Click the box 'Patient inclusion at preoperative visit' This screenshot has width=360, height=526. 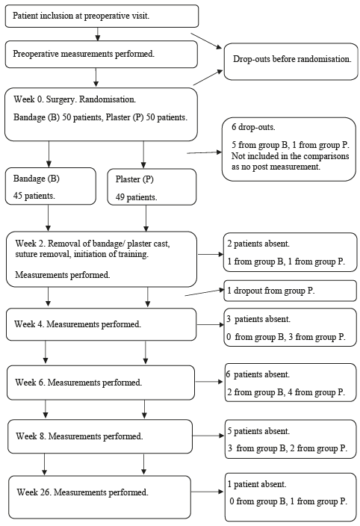[x=102, y=16]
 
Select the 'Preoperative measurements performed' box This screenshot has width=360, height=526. [x=102, y=55]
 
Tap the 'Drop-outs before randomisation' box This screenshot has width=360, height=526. [x=291, y=61]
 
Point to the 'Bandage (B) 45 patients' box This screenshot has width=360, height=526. [x=51, y=186]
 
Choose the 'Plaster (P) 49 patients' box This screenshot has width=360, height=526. [x=152, y=187]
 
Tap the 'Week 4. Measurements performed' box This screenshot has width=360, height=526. [x=102, y=324]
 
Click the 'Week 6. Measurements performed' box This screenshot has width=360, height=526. [x=101, y=383]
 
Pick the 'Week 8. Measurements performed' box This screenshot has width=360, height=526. [x=100, y=436]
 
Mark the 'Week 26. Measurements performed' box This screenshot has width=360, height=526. [x=100, y=497]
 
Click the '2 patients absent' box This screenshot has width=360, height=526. [x=291, y=253]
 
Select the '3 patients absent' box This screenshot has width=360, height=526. [x=291, y=327]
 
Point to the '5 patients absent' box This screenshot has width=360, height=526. [x=291, y=439]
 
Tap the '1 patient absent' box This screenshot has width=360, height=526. [x=291, y=498]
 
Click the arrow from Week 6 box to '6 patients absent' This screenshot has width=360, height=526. [x=209, y=382]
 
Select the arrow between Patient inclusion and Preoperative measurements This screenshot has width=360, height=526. [x=98, y=34]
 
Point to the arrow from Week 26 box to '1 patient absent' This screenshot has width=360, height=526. [x=208, y=492]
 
